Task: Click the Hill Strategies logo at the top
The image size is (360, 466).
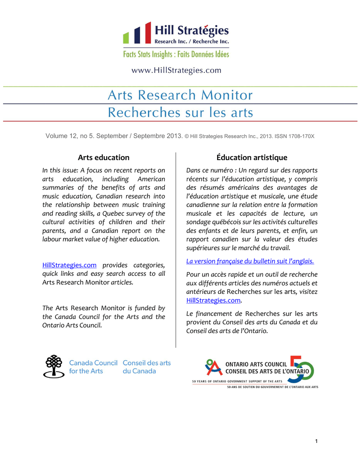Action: [x=176, y=35]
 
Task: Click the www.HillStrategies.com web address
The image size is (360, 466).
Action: [x=176, y=71]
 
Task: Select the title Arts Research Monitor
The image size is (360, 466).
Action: [x=180, y=95]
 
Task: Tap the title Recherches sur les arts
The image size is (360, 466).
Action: [x=180, y=112]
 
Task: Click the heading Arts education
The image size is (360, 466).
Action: [x=103, y=157]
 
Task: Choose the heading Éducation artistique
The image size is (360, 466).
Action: [x=252, y=157]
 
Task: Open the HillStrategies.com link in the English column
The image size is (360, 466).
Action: [x=69, y=265]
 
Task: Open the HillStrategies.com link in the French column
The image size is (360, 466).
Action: [x=213, y=300]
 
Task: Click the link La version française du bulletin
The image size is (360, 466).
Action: [x=250, y=261]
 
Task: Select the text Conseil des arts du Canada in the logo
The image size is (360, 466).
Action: [x=147, y=367]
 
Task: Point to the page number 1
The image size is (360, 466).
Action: [x=316, y=441]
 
